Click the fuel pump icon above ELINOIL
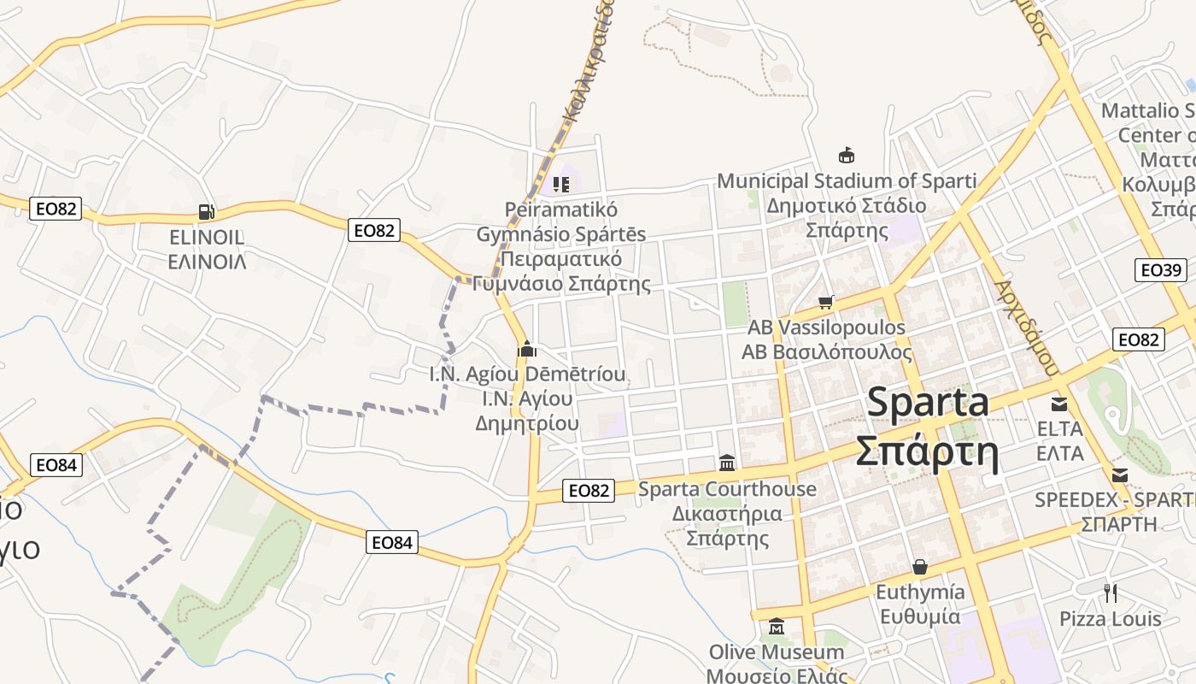coord(206,211)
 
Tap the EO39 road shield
coord(1161,270)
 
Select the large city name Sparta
coord(928,403)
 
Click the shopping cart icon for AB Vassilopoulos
coord(825,302)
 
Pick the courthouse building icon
coord(727,463)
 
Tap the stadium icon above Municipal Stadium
coord(847,155)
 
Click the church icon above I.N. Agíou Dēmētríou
coord(527,349)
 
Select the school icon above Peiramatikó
coord(560,184)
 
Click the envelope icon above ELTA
coord(1059,404)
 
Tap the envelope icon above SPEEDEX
coord(1119,475)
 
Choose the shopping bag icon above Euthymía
coord(920,567)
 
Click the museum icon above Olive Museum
coord(777,628)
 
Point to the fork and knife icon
coord(1111,593)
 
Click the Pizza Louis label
coord(1111,619)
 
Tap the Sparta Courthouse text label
coord(727,489)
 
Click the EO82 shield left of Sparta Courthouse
coord(589,490)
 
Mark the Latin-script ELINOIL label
coord(207,237)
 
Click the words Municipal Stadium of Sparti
coord(846,180)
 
